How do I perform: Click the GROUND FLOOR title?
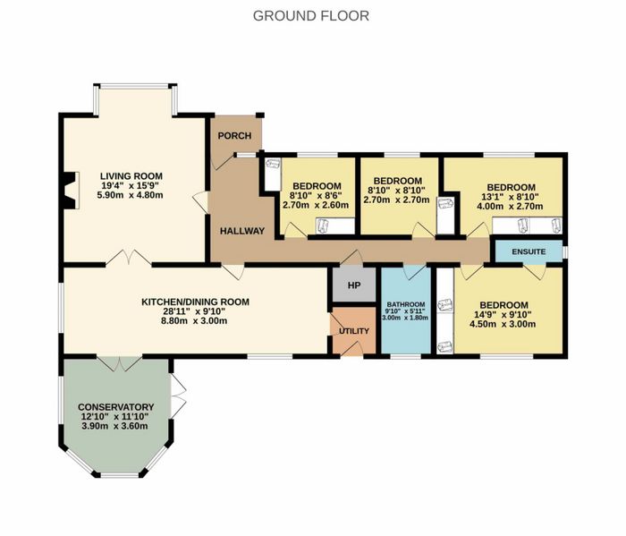pyautogui.click(x=311, y=16)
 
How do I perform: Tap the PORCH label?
pyautogui.click(x=234, y=136)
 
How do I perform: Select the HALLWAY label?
pyautogui.click(x=242, y=231)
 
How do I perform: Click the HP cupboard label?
pyautogui.click(x=354, y=285)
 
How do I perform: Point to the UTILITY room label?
pyautogui.click(x=354, y=331)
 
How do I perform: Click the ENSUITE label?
pyautogui.click(x=529, y=252)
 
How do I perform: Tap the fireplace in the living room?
pyautogui.click(x=71, y=190)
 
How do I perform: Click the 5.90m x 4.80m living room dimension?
pyautogui.click(x=131, y=195)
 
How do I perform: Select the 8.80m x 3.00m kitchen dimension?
pyautogui.click(x=194, y=320)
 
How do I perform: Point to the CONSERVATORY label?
pyautogui.click(x=115, y=407)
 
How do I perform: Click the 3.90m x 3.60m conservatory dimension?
pyautogui.click(x=114, y=426)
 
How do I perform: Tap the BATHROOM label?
pyautogui.click(x=405, y=304)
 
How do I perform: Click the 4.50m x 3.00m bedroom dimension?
pyautogui.click(x=503, y=324)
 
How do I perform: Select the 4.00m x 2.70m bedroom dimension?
pyautogui.click(x=511, y=207)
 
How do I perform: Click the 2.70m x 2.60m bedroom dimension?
pyautogui.click(x=316, y=205)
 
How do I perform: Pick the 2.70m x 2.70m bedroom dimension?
pyautogui.click(x=396, y=200)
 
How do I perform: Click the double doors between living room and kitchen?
pyautogui.click(x=129, y=258)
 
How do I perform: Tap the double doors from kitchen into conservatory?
pyautogui.click(x=120, y=363)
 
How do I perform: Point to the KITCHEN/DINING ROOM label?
pyautogui.click(x=195, y=302)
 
